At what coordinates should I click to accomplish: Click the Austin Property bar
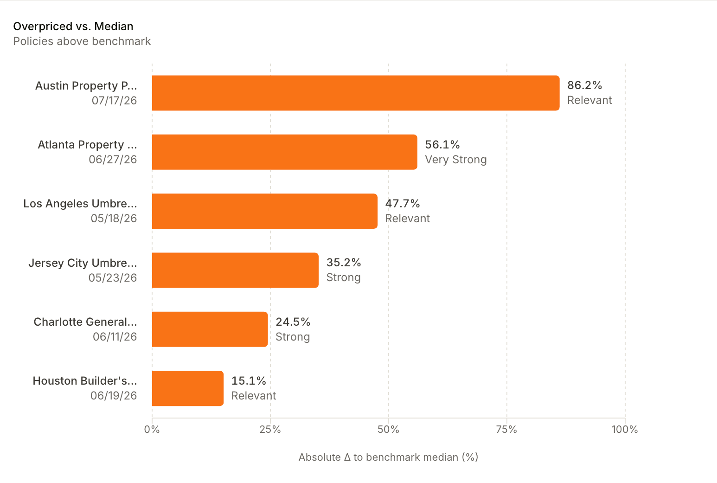tap(356, 93)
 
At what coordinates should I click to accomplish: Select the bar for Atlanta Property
tap(285, 152)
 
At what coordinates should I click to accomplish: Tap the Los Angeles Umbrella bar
tap(265, 211)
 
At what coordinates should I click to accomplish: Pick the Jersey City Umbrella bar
tap(235, 270)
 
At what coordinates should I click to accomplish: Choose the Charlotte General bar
tap(210, 329)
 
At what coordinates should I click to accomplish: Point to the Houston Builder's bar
tap(187, 388)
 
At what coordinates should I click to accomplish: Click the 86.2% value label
tap(584, 85)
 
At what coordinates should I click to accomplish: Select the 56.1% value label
tap(442, 144)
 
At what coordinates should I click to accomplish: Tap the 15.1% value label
tap(249, 381)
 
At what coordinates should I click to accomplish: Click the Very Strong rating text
tap(456, 160)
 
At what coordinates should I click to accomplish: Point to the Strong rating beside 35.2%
tap(344, 277)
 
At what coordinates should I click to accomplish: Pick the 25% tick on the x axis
tap(270, 430)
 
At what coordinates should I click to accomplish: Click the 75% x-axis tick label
tap(507, 430)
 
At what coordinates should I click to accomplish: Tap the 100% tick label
tap(625, 430)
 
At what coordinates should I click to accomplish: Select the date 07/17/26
tap(114, 101)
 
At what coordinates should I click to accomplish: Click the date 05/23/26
tap(113, 278)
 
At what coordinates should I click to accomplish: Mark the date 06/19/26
tap(114, 396)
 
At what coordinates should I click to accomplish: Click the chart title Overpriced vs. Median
tap(73, 26)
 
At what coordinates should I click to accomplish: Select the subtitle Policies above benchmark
tap(82, 41)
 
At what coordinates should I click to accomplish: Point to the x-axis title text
tap(388, 457)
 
